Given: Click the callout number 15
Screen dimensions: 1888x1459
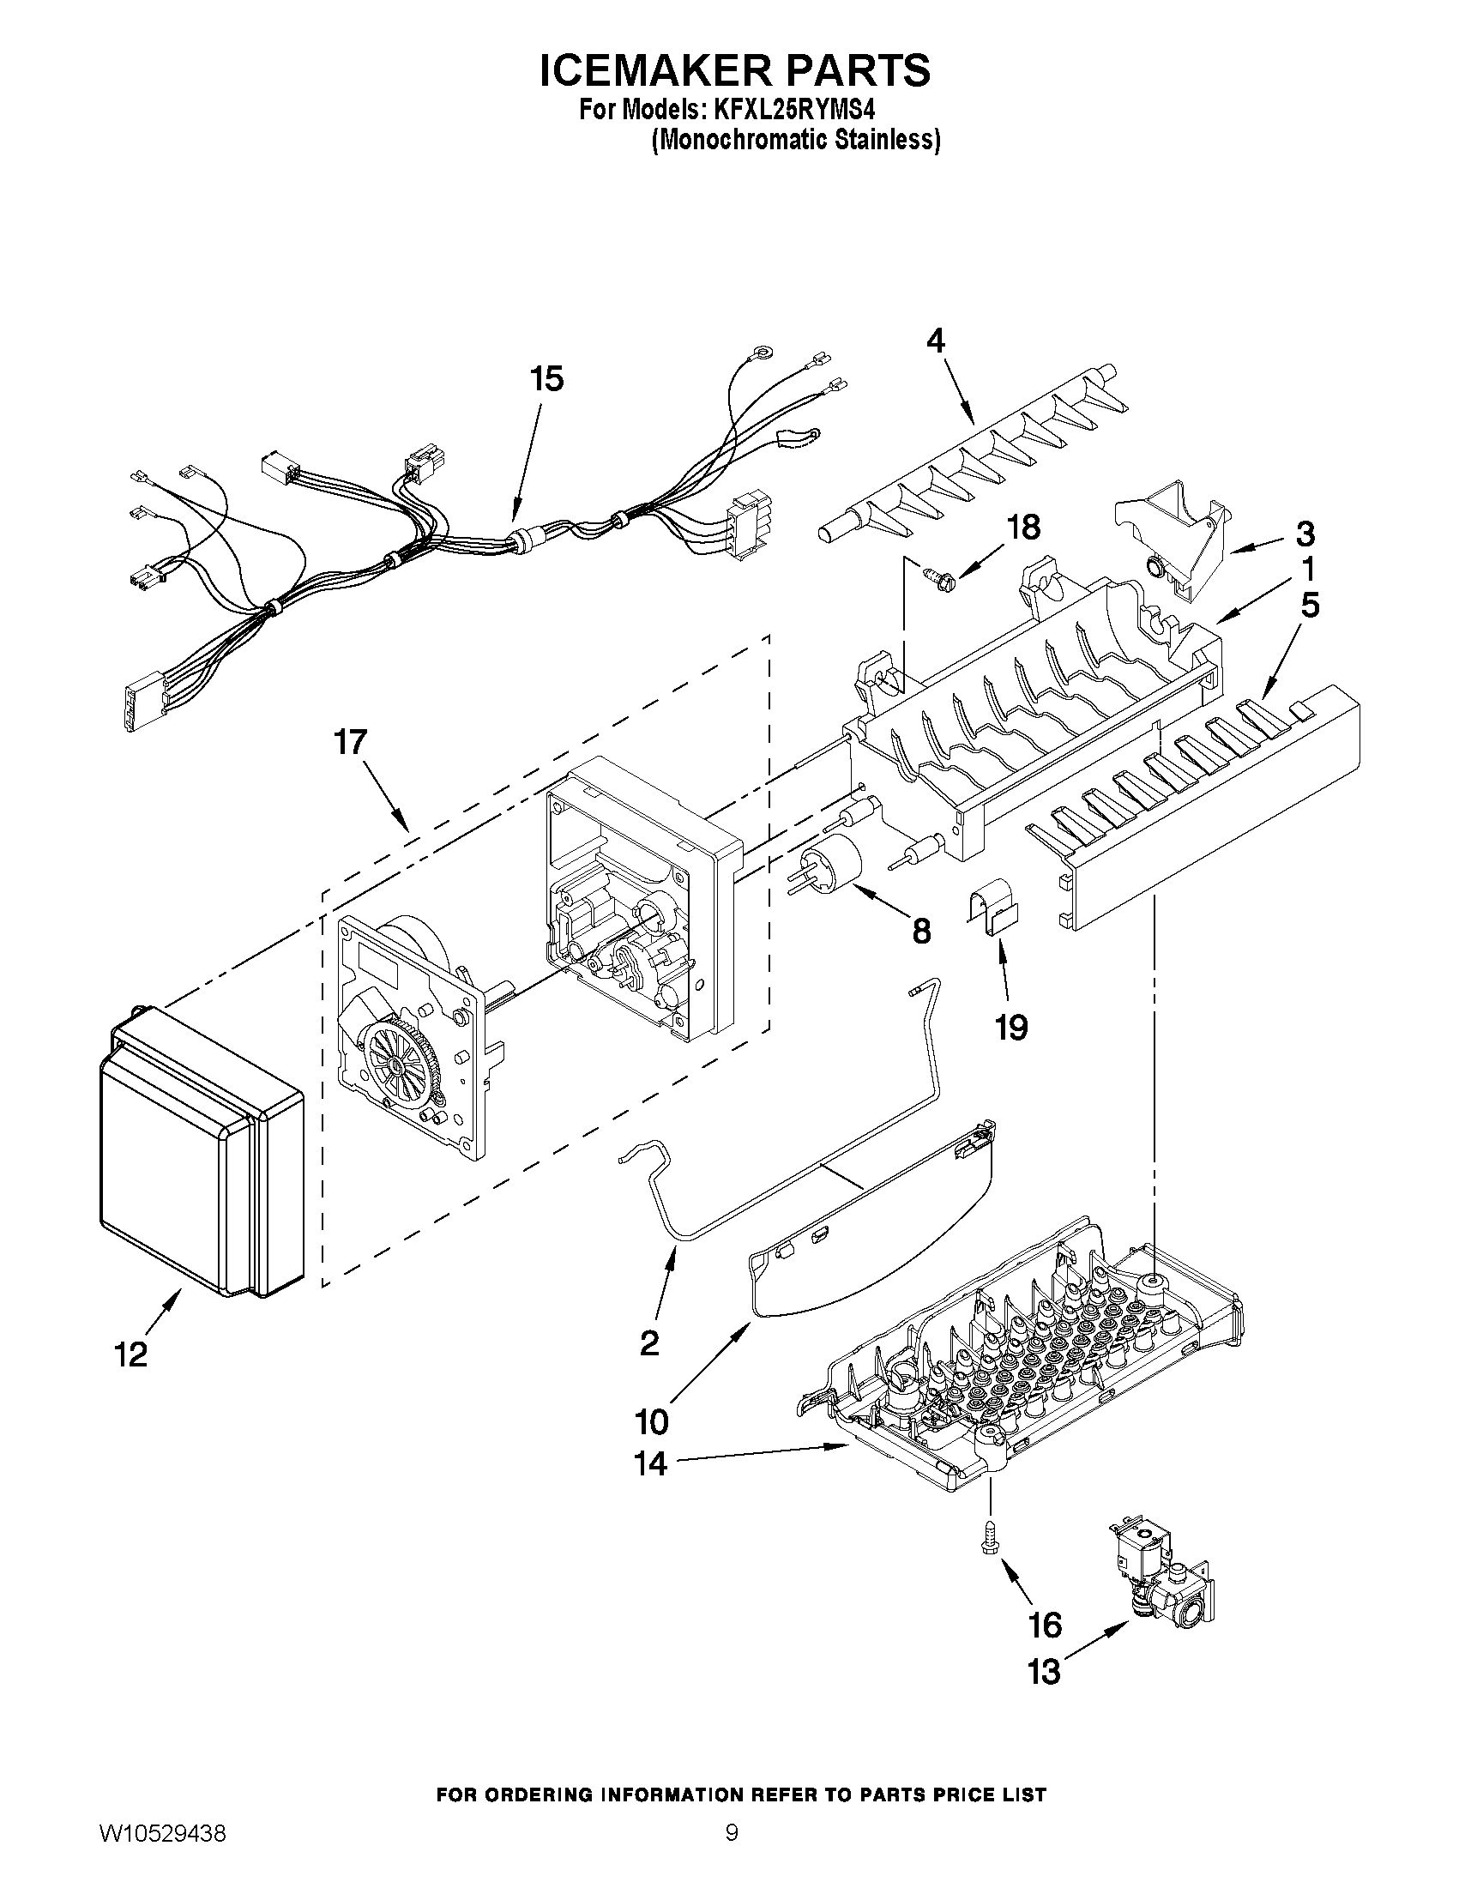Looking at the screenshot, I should pos(547,378).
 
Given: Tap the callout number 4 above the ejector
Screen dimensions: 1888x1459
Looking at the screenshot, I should pos(935,341).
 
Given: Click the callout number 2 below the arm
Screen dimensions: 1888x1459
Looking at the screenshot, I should pos(650,1342).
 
